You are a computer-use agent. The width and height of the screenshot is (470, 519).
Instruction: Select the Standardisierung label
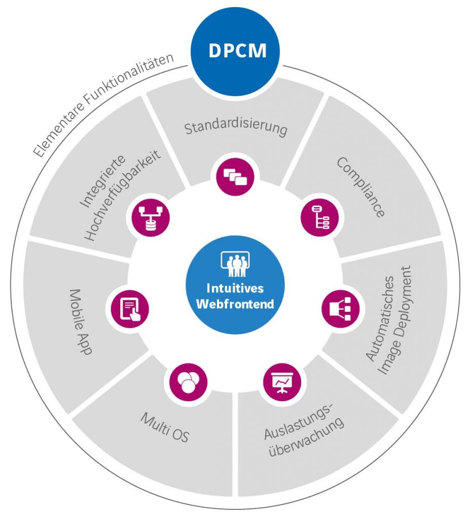point(236,128)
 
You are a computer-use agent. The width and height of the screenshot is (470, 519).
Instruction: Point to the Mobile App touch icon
point(129,308)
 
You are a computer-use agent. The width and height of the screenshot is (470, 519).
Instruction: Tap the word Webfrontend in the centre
point(235,304)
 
